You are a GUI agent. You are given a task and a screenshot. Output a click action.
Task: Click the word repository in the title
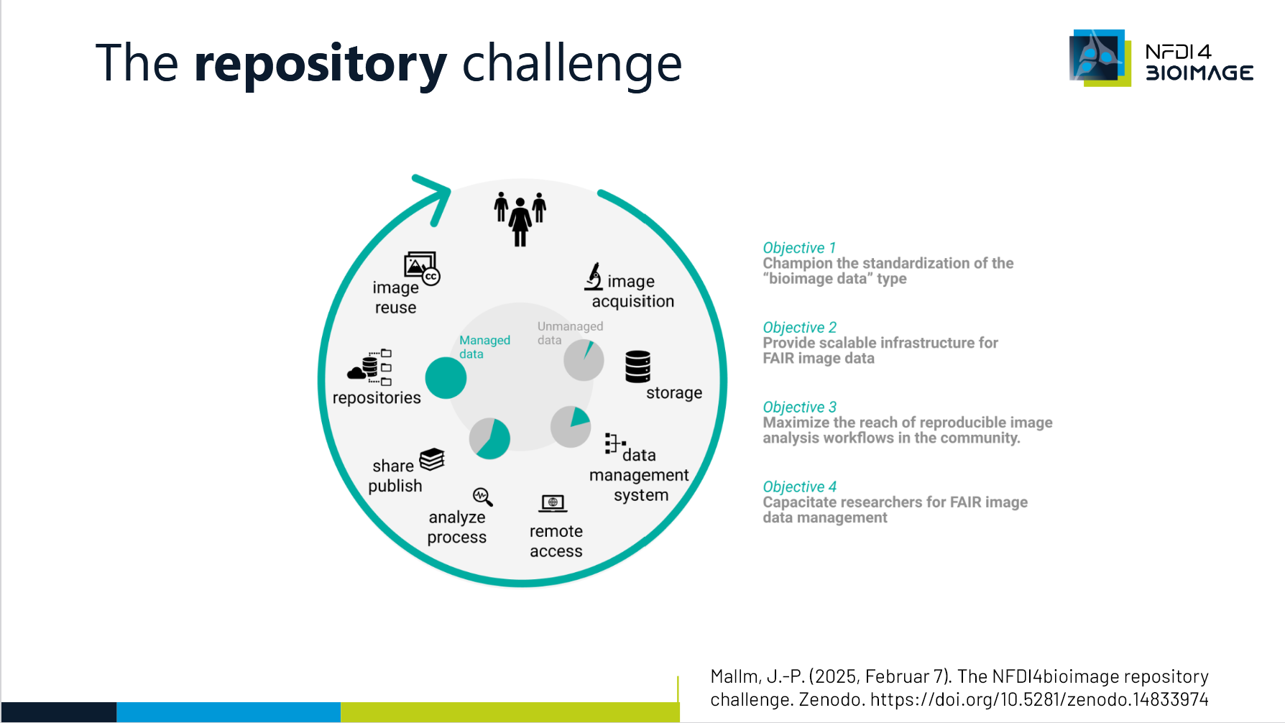[x=321, y=65]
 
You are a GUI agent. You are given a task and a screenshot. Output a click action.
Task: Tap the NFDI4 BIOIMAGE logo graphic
[x=1099, y=57]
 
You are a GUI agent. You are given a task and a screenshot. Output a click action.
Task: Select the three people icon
[x=520, y=218]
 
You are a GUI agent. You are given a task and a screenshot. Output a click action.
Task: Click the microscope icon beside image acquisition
[x=594, y=276]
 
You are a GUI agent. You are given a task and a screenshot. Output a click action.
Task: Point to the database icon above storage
[x=637, y=367]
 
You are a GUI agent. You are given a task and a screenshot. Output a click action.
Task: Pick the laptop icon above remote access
[x=553, y=503]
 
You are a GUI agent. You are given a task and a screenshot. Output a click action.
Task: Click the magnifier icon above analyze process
[x=482, y=497]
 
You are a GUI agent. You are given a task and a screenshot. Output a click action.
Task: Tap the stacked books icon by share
[x=432, y=459]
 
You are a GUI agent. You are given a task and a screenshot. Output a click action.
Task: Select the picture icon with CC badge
[x=421, y=268]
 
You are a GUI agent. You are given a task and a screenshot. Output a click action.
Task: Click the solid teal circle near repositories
[x=446, y=378]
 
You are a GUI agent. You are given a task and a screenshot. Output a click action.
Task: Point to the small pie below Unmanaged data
[x=584, y=360]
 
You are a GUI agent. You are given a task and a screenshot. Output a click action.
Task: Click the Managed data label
[x=484, y=346]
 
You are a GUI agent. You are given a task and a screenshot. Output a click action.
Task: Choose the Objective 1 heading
[x=799, y=248]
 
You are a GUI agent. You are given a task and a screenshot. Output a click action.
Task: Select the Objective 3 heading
[x=799, y=407]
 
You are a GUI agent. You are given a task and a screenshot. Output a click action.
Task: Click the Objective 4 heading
[x=799, y=487]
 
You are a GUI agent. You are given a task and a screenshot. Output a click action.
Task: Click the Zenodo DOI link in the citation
[x=1039, y=699]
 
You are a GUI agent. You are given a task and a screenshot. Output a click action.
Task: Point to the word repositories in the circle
[x=377, y=398]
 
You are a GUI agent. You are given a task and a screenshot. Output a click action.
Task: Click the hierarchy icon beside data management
[x=613, y=443]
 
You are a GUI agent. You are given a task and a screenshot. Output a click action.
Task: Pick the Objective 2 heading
[x=799, y=328]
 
